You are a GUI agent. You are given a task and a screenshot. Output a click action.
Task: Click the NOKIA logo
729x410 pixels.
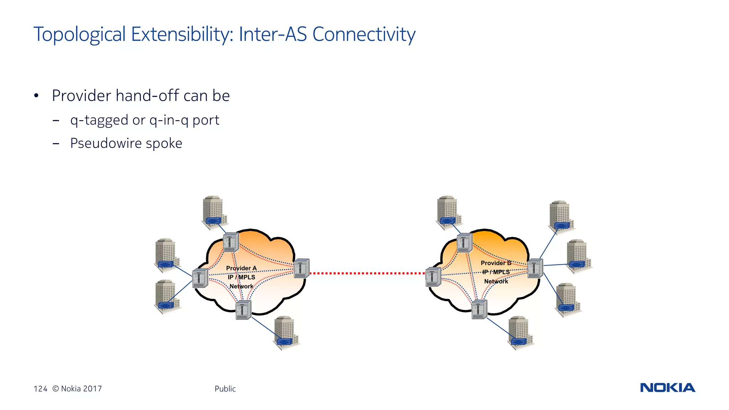click(667, 388)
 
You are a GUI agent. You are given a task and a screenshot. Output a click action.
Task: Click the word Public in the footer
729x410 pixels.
click(225, 389)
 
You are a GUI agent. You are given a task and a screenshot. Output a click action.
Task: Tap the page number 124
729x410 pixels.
click(40, 389)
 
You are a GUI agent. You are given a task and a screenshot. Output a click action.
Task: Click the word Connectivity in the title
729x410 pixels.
click(364, 35)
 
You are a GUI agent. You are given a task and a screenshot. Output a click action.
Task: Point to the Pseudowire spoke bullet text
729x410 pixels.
click(126, 143)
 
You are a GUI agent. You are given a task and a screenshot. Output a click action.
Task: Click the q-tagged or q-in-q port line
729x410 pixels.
click(145, 120)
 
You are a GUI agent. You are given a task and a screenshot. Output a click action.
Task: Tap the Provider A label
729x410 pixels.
click(241, 268)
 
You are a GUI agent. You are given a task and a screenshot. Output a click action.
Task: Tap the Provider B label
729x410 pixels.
click(495, 263)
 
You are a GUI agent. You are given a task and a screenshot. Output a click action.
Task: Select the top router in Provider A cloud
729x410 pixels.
click(231, 242)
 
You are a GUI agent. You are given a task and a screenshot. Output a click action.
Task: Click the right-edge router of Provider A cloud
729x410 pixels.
click(301, 268)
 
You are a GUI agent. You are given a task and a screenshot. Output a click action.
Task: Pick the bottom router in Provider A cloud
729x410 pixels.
click(243, 310)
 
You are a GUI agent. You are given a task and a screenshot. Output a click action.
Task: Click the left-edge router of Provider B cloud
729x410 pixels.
click(433, 277)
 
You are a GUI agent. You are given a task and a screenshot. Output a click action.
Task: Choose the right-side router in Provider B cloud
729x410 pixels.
click(535, 268)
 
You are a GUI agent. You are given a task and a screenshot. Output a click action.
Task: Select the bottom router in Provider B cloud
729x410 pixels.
click(479, 309)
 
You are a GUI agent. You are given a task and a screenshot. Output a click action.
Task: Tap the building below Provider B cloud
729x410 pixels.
click(519, 332)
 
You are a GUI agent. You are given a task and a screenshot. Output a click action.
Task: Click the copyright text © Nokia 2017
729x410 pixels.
click(77, 389)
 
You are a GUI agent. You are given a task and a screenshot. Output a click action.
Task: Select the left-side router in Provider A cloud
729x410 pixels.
click(200, 278)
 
